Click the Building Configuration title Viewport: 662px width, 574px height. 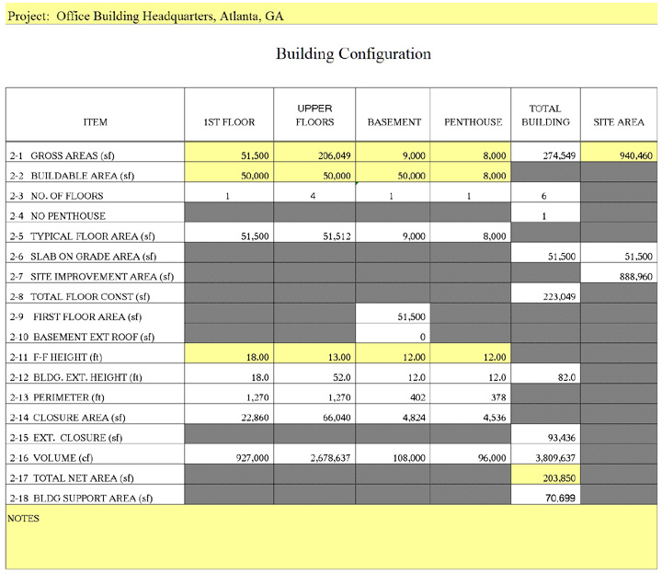353,54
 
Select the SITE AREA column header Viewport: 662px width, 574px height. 618,121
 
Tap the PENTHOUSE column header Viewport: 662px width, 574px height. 474,121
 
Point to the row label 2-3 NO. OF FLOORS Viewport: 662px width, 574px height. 56,196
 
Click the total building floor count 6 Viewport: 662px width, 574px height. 544,196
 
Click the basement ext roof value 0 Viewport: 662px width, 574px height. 422,337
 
